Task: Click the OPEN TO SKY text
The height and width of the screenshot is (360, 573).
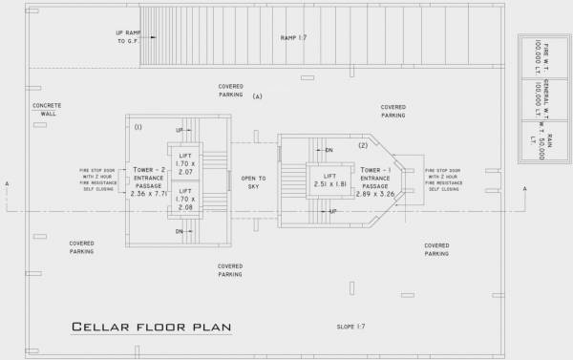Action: [x=252, y=182]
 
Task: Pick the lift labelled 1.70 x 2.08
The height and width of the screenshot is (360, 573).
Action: [x=186, y=201]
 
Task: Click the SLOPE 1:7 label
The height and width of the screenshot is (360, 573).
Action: [x=351, y=327]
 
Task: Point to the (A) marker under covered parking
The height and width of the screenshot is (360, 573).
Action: [x=258, y=97]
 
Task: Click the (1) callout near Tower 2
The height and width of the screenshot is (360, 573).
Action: [x=138, y=126]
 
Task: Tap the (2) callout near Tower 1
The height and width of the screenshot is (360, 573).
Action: [x=363, y=145]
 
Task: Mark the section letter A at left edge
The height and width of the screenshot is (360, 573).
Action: [x=5, y=183]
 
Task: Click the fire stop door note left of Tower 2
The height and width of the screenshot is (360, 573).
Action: [x=97, y=180]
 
